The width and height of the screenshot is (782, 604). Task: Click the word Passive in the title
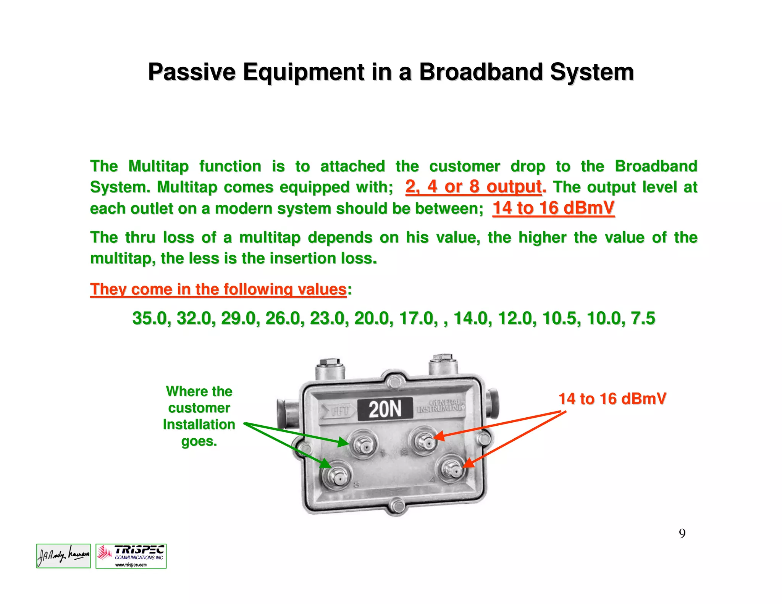pos(192,72)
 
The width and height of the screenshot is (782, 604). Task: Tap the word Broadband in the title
pos(481,72)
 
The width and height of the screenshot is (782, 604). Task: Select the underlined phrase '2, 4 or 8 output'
pos(473,187)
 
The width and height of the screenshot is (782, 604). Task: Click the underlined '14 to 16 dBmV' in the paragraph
pos(553,208)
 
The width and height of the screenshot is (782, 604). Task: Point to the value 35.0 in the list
pos(151,318)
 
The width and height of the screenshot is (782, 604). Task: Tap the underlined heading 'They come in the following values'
pos(218,289)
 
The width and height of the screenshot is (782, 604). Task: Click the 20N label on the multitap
pos(385,409)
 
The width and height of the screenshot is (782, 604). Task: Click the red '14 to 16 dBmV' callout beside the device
pos(612,399)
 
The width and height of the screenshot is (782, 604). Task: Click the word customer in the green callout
pos(199,408)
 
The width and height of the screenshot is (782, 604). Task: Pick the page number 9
pos(682,533)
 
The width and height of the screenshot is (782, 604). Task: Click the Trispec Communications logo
pos(131,556)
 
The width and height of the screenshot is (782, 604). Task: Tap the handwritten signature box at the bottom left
pos(63,556)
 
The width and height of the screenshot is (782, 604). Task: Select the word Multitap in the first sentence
pos(158,166)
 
